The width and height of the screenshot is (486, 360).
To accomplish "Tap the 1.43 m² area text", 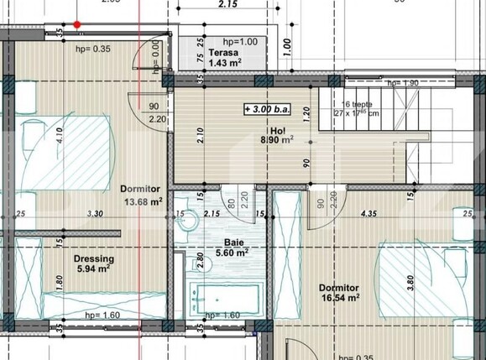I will click(226, 63).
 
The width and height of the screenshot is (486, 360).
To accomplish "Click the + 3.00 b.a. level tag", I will click(266, 109).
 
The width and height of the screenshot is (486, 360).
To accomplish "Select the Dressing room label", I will click(93, 259).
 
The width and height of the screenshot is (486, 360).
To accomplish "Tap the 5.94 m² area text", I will click(93, 269).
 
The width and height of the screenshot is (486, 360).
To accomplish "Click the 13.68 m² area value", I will click(142, 201).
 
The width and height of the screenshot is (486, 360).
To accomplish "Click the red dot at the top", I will click(77, 25).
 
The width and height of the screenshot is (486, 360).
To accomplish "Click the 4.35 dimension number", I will click(368, 214).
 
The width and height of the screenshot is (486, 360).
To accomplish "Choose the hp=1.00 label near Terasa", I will click(240, 41).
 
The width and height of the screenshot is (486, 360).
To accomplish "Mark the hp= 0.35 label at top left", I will click(93, 50).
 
